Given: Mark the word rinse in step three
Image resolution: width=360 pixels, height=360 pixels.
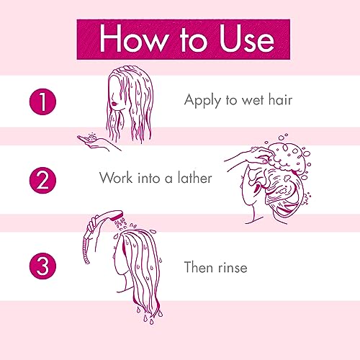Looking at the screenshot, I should pos(232,269).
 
